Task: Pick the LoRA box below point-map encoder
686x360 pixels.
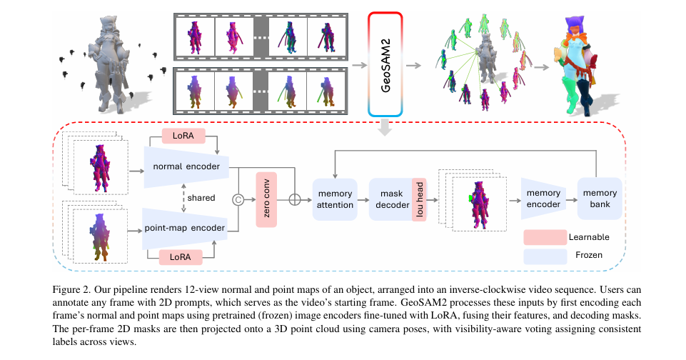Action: (184, 255)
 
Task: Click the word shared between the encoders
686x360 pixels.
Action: (201, 198)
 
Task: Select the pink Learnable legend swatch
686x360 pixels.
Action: (545, 236)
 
